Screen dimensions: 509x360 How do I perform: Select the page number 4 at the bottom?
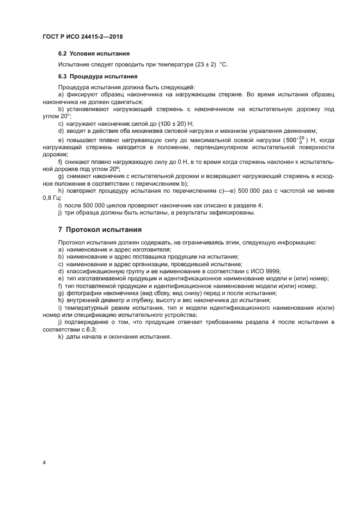click(44, 462)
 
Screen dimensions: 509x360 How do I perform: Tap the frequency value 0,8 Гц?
click(52, 198)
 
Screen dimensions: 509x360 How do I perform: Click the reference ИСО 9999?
click(279, 271)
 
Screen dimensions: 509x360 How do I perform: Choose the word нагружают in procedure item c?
click(84, 124)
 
